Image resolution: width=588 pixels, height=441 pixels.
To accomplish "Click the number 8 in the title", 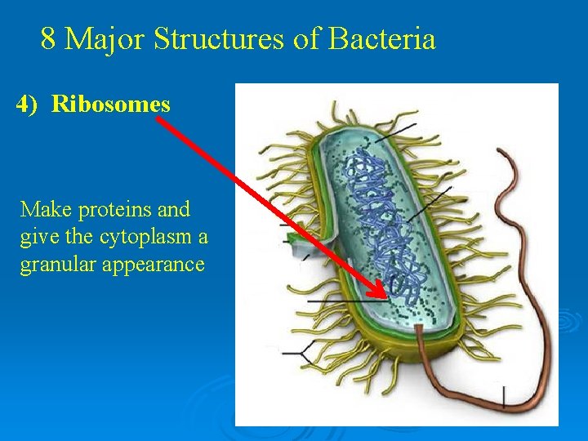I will [48, 38].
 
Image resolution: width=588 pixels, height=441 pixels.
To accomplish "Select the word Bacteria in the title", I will [381, 38].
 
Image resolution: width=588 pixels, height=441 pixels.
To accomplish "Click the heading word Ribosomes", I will [111, 105].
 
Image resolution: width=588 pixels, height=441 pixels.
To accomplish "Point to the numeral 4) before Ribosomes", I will [27, 105].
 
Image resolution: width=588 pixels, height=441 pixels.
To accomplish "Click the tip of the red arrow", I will [384, 296].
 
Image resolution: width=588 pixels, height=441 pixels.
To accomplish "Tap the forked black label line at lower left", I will [298, 353].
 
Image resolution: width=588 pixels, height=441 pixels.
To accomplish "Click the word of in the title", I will [307, 38].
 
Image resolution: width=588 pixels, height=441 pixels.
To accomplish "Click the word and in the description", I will [173, 209].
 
